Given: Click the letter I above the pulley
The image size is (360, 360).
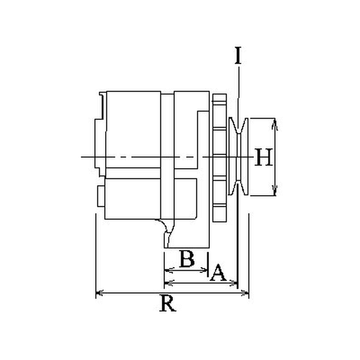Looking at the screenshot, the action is click(238, 55).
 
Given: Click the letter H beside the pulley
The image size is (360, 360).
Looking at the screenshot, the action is click(264, 157).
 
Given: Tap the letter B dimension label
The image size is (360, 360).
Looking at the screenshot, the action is click(187, 259).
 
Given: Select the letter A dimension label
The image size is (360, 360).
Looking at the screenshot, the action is click(218, 273).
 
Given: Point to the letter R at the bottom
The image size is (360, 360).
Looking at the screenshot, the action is click(168, 303).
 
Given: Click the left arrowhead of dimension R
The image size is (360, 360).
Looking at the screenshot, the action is click(99, 293).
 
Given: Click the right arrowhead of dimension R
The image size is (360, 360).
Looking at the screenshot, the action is click(245, 293).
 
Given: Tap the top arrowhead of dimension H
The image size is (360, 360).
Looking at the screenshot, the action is click(275, 124).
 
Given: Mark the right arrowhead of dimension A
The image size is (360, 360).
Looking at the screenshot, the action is click(234, 283).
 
